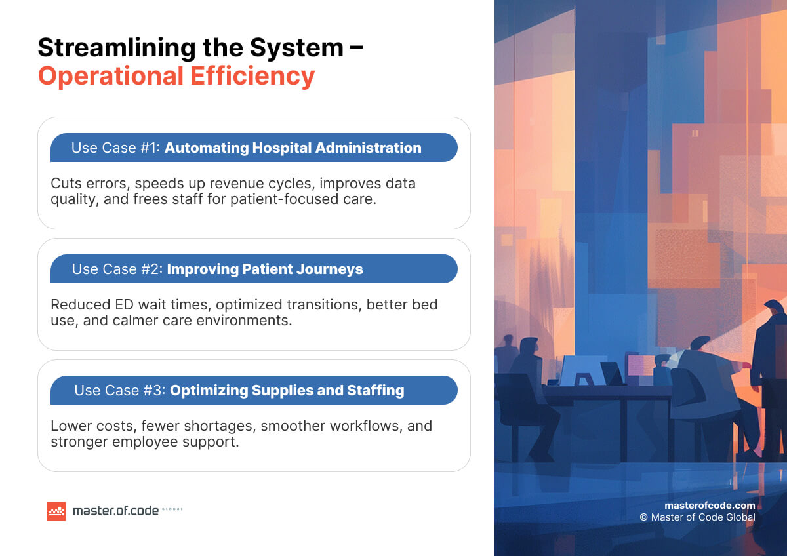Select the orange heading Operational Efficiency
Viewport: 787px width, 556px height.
(x=176, y=76)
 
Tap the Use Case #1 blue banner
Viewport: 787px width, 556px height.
(x=254, y=148)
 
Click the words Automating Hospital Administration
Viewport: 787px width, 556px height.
(x=293, y=148)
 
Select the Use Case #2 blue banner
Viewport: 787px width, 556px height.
(x=254, y=269)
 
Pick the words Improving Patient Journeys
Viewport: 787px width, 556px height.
(x=265, y=269)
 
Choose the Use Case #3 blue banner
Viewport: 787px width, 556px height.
(x=254, y=390)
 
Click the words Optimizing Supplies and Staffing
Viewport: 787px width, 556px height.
(x=287, y=390)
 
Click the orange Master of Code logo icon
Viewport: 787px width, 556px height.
(x=56, y=511)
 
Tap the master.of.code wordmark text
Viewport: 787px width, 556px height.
(x=115, y=511)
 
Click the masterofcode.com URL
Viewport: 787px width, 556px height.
(x=710, y=505)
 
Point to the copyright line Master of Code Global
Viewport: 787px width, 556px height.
(x=697, y=517)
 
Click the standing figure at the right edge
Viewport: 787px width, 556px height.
(x=770, y=367)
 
